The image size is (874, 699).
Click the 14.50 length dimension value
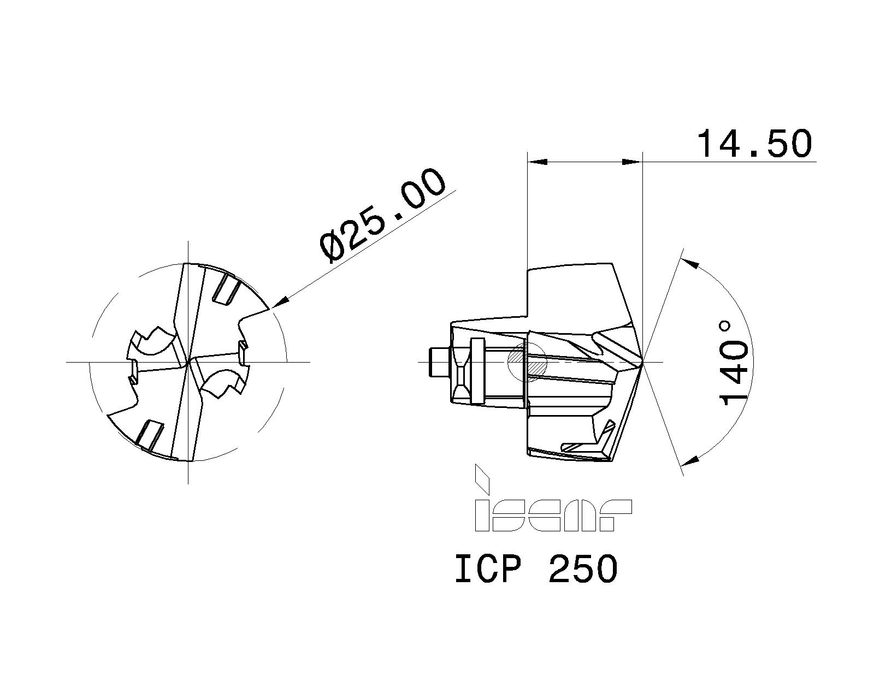754,144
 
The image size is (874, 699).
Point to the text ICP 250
536,569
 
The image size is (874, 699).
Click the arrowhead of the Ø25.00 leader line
279,303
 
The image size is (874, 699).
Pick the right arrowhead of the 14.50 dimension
633,162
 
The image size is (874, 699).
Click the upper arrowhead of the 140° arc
692,264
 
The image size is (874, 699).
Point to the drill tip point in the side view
642,362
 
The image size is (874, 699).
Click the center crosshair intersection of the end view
188,362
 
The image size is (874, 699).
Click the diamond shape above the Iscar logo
481,478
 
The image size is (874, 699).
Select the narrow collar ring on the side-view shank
477,371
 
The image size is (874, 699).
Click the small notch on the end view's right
242,352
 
